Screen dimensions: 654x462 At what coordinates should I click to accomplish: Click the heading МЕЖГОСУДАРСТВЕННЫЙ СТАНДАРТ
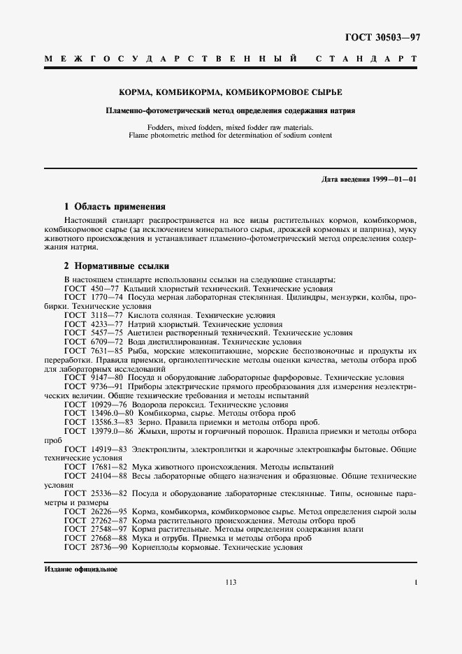[x=231, y=61]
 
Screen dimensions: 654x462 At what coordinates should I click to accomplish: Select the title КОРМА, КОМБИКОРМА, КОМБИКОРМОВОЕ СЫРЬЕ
[x=230, y=92]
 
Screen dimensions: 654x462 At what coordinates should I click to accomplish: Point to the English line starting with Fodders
[x=230, y=127]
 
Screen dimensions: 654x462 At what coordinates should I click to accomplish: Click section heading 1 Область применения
[x=115, y=207]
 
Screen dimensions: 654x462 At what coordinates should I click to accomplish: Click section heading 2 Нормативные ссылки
[x=115, y=266]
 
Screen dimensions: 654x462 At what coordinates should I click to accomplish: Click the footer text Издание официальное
[x=80, y=569]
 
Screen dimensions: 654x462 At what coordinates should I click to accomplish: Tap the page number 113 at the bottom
[x=231, y=583]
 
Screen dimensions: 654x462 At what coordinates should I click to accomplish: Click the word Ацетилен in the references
[x=145, y=333]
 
